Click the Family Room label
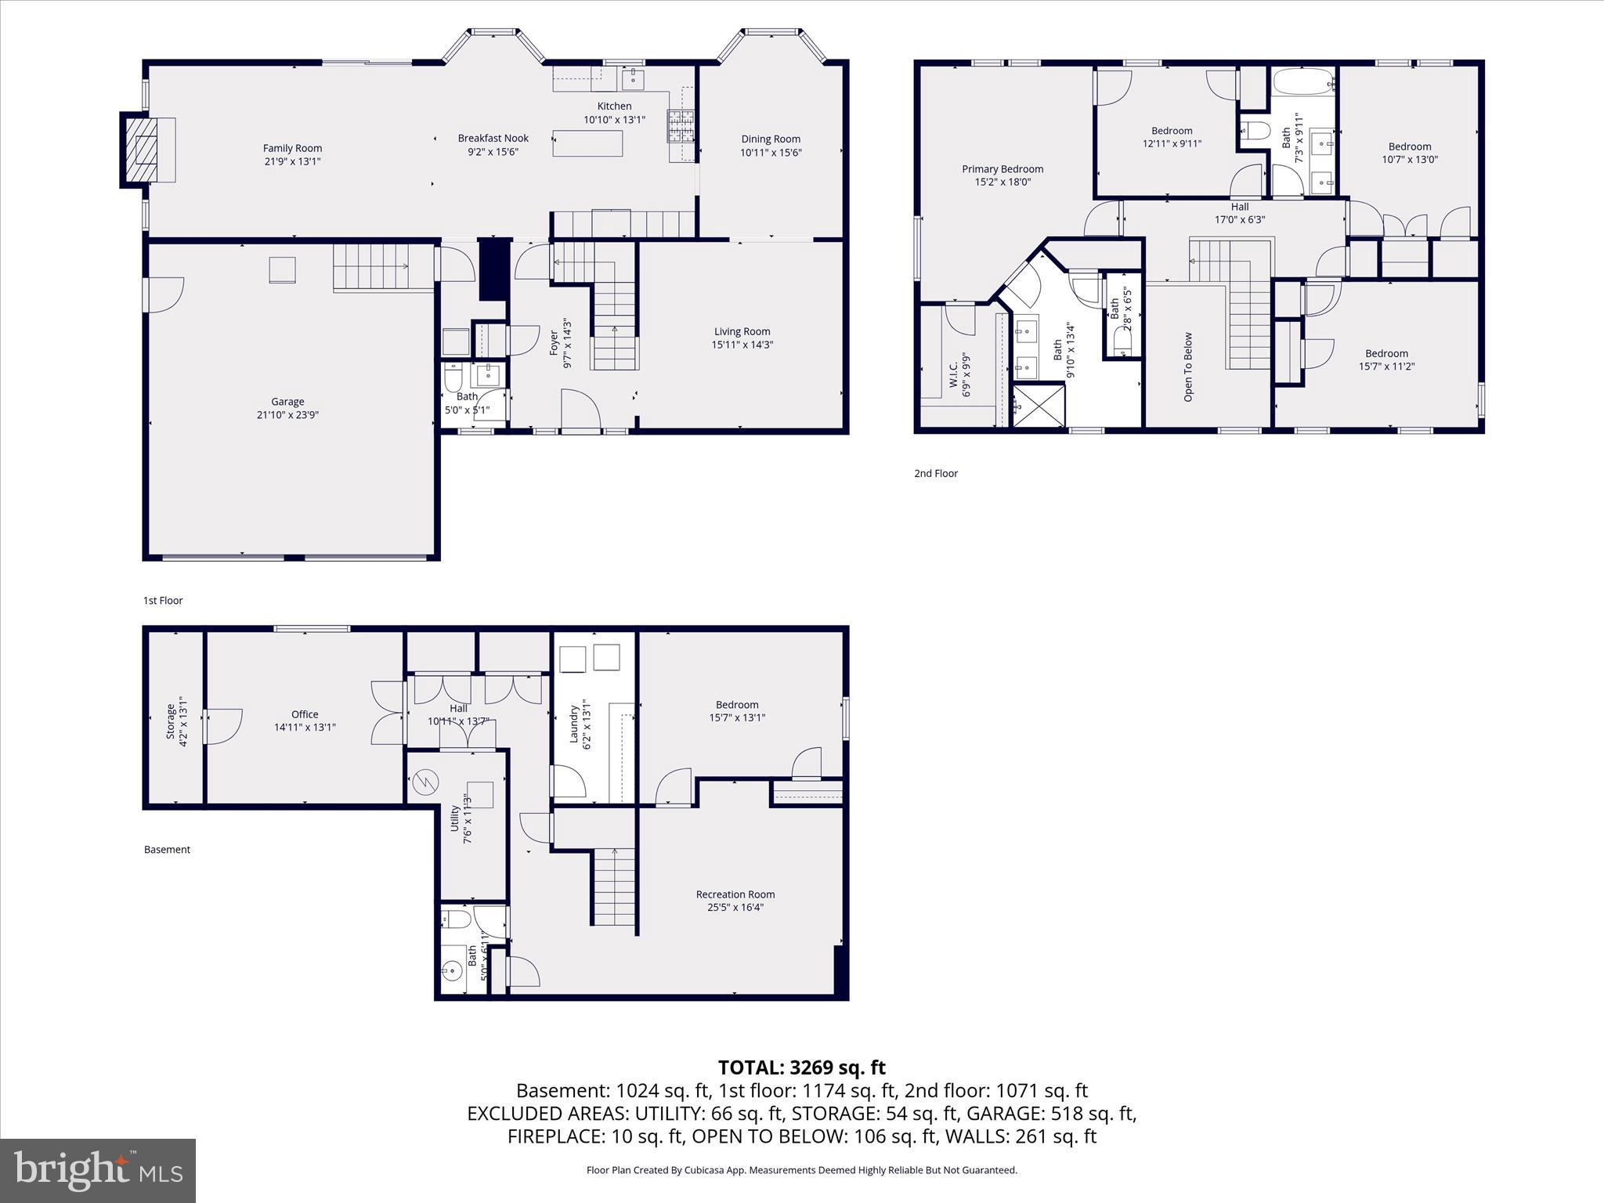pos(292,148)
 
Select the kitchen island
pos(587,143)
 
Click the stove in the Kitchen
pos(680,125)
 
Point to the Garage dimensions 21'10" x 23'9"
pos(287,415)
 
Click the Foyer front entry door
pos(580,411)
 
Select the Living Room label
pos(742,331)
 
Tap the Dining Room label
pos(771,139)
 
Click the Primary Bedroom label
pos(1002,169)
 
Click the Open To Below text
pos(1188,367)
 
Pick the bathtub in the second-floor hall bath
pos(1304,81)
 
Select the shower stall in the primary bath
pos(1039,406)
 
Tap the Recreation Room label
pos(735,894)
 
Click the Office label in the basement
pos(305,714)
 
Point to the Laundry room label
pos(573,724)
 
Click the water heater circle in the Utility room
pos(427,781)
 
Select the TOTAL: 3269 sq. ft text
pos(801,1068)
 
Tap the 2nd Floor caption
pos(936,473)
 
